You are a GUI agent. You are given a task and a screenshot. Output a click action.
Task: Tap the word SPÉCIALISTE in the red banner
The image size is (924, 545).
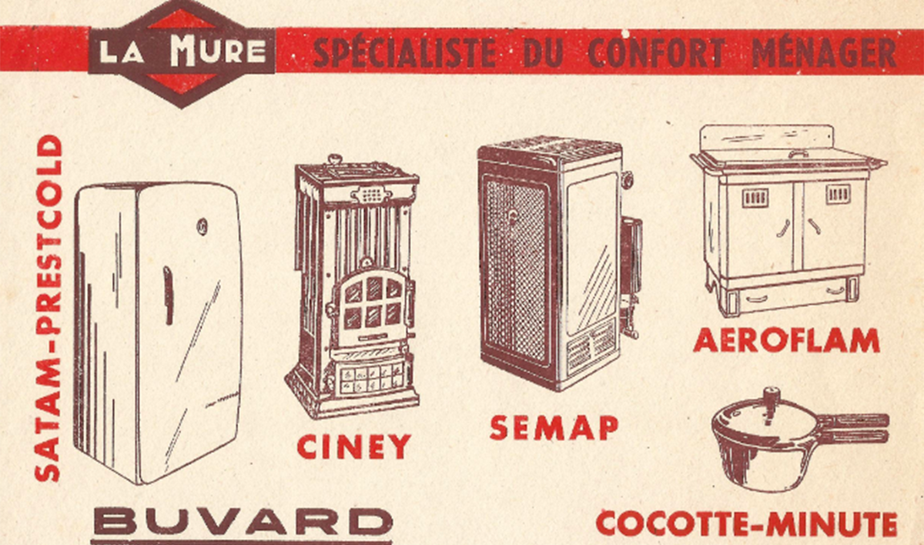click(x=404, y=53)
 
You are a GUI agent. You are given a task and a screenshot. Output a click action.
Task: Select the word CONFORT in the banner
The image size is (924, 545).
click(x=656, y=53)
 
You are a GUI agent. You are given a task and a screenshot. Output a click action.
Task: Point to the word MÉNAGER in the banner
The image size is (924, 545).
click(x=824, y=53)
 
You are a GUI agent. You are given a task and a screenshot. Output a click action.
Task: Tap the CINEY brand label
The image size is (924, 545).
click(x=354, y=447)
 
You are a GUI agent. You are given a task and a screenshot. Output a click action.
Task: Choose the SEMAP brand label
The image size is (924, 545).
click(x=554, y=427)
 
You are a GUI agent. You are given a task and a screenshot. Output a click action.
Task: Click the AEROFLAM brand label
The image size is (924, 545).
click(x=786, y=340)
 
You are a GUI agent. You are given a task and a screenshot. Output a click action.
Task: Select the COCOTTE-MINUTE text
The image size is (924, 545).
click(x=747, y=524)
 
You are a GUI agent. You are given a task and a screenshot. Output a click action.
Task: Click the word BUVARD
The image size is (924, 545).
click(x=242, y=521)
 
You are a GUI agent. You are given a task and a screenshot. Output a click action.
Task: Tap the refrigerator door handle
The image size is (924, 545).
click(x=168, y=295)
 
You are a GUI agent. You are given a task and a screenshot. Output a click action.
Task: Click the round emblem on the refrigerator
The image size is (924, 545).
click(x=202, y=226)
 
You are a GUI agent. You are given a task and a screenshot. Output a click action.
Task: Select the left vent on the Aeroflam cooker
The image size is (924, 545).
click(x=755, y=198)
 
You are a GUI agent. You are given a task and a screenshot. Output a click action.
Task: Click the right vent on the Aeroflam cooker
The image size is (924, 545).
click(x=838, y=194)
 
